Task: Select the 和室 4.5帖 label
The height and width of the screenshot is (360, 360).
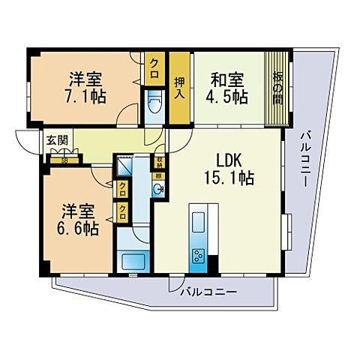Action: [x=228, y=86]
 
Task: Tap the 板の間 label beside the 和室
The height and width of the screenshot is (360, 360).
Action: [x=278, y=87]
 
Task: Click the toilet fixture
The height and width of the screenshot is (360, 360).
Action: [x=155, y=101]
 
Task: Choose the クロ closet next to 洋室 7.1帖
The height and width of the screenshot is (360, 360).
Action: [x=156, y=64]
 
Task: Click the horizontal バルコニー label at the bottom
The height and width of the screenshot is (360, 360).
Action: [x=208, y=291]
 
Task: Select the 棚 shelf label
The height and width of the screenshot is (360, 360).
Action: [x=159, y=175]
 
